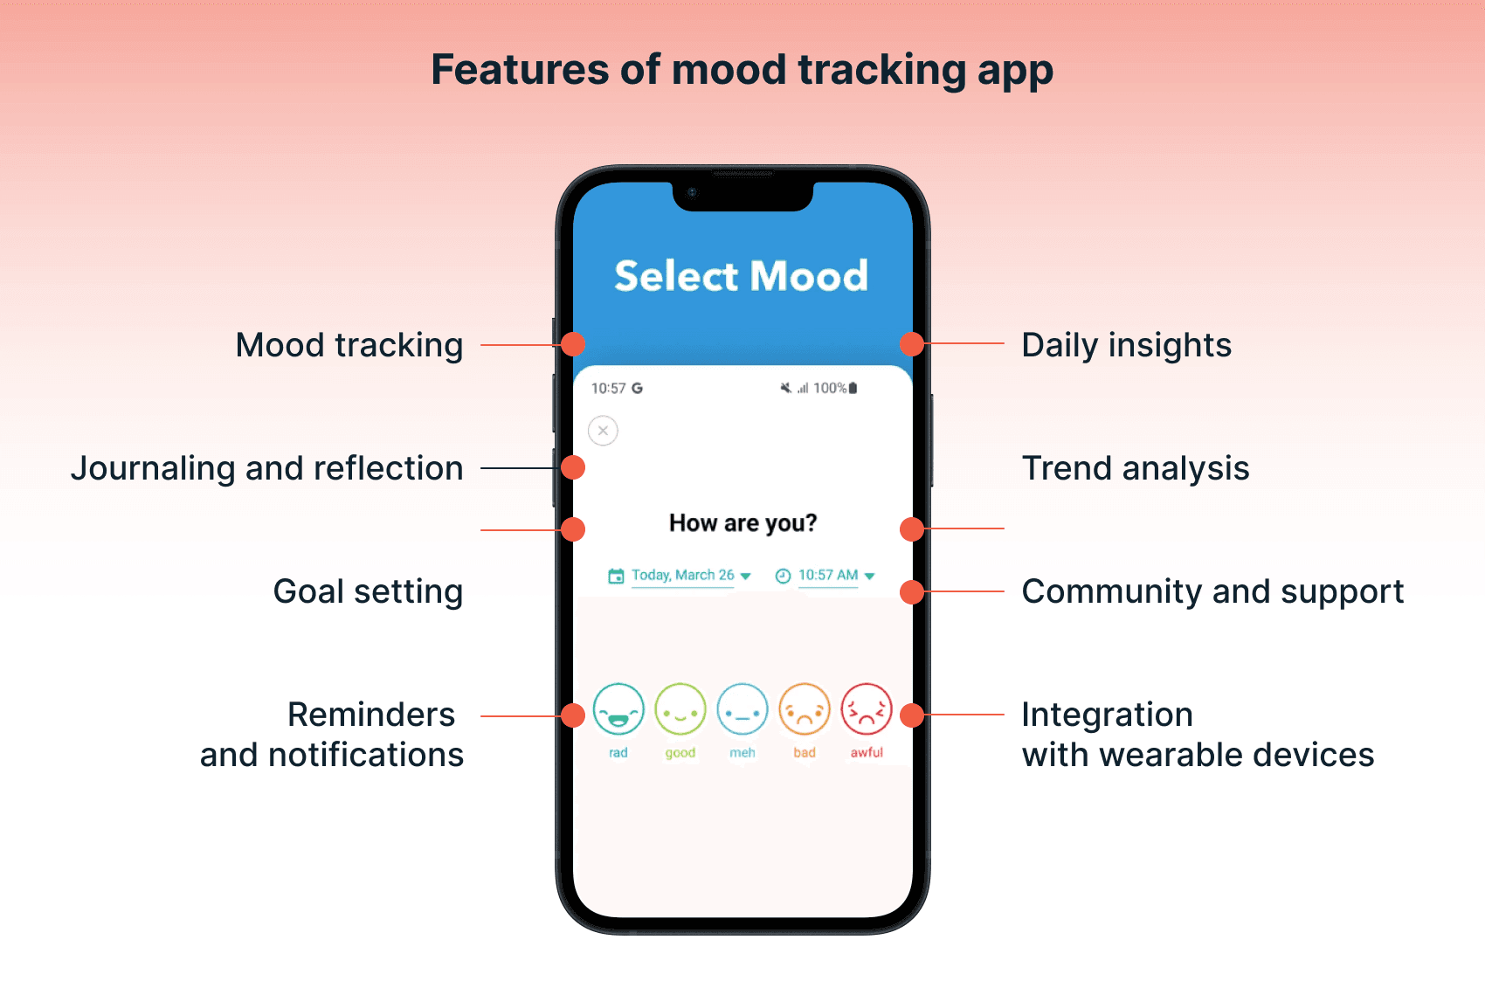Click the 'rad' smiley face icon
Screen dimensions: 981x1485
tap(618, 709)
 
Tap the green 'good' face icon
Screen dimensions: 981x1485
tap(680, 709)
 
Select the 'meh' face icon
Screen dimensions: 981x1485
tap(742, 709)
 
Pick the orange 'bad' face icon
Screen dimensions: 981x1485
tap(805, 709)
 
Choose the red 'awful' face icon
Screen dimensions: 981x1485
tap(867, 709)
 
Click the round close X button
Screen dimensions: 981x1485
tap(603, 431)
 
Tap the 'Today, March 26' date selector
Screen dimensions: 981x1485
tap(682, 575)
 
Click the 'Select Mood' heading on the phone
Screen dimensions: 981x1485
tap(741, 276)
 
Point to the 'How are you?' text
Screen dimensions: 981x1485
tap(742, 522)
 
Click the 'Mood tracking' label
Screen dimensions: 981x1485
tap(349, 345)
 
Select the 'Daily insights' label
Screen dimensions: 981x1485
tap(1126, 345)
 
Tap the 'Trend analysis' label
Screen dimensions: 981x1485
tap(1135, 468)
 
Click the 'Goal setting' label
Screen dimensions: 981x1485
tap(368, 591)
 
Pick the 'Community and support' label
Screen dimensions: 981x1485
tap(1212, 591)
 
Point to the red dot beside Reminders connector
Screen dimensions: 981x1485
tap(573, 715)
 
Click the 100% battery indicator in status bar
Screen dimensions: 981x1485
tap(834, 388)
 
